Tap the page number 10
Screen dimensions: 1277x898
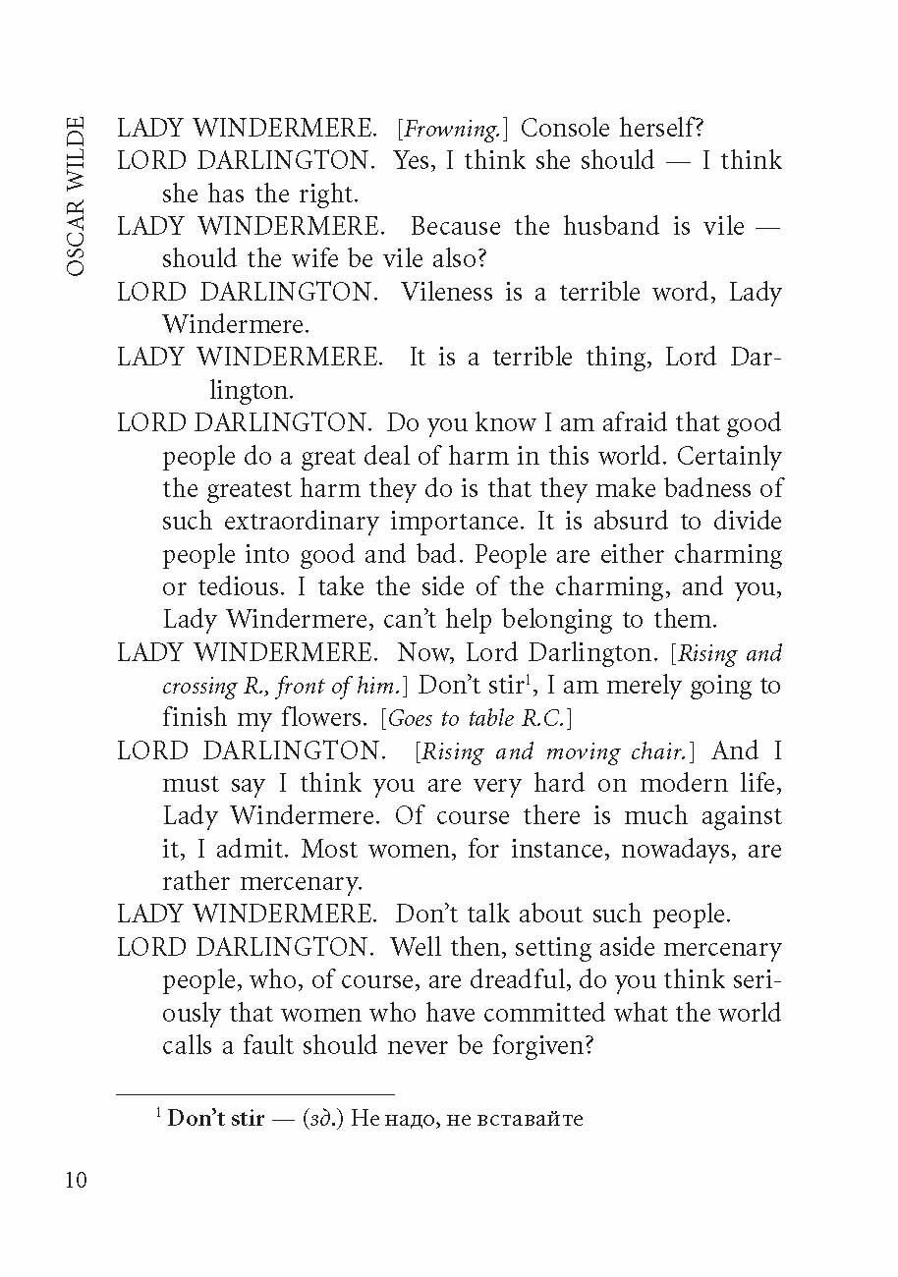(x=76, y=1180)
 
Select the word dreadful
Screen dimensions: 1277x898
(x=466, y=980)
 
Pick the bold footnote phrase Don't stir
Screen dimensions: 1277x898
(x=216, y=1119)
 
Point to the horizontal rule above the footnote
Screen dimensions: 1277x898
(x=255, y=1093)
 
